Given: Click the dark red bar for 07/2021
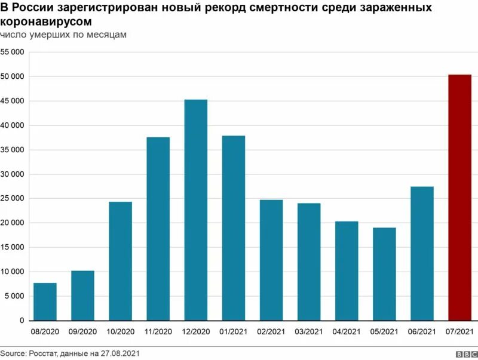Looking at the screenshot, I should tap(459, 197).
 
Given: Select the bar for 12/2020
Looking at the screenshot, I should tap(195, 210).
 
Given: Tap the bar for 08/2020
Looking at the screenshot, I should tap(45, 301).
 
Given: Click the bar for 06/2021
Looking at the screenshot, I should tap(422, 253).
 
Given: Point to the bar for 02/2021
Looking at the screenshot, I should tap(271, 260).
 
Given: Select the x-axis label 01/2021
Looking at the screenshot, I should tap(234, 331).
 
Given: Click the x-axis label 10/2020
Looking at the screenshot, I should tap(120, 331).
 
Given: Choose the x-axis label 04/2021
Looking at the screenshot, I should tap(347, 331).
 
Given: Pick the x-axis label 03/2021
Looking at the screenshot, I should tap(309, 331).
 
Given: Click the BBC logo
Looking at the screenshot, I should tap(463, 354).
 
